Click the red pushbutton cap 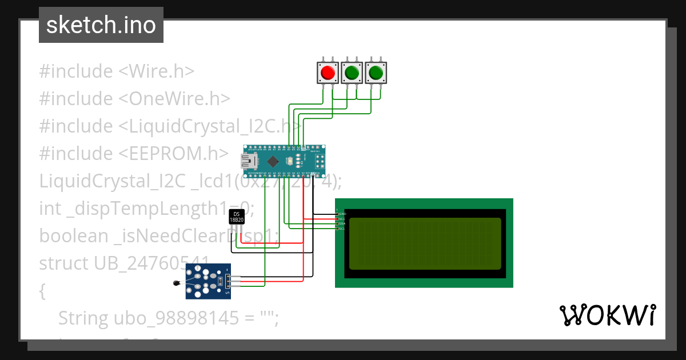(328, 73)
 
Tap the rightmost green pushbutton (376, 73)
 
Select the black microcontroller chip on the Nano (273, 161)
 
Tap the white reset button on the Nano (290, 161)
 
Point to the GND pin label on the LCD (342, 213)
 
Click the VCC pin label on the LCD (342, 218)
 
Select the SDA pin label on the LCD (342, 223)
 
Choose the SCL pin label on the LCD (342, 229)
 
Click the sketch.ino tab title (101, 25)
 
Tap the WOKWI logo (607, 315)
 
